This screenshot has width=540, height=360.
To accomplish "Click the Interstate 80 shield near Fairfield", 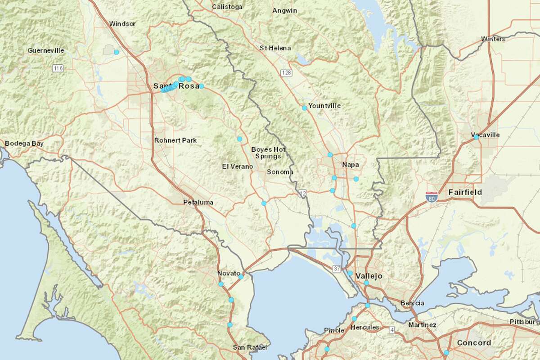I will click(x=431, y=196).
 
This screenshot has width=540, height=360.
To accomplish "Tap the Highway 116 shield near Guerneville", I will click(x=58, y=68).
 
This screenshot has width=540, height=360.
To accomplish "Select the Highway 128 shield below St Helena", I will click(x=286, y=72).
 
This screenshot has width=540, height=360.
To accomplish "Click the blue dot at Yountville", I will click(x=305, y=108).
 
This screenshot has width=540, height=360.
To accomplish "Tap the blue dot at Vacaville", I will click(x=477, y=137).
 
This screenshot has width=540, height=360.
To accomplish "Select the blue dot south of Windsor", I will click(x=117, y=52).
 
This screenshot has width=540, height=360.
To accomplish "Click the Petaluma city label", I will click(x=198, y=202).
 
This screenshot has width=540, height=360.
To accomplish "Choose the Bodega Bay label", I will click(x=24, y=144).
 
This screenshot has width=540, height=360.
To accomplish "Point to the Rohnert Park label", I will click(x=175, y=140).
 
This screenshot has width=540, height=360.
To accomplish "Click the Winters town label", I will click(x=493, y=39).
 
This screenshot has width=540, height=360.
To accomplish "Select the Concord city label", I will click(x=474, y=343).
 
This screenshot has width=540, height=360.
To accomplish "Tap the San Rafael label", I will click(x=250, y=347).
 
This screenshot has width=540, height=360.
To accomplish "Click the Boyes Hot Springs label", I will click(x=268, y=153).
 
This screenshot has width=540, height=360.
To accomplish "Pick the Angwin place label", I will click(x=285, y=10).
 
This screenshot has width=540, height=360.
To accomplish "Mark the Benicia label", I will click(x=412, y=303).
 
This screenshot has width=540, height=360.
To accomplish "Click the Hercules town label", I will click(x=365, y=327).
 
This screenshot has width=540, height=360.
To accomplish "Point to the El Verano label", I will click(x=238, y=166).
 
